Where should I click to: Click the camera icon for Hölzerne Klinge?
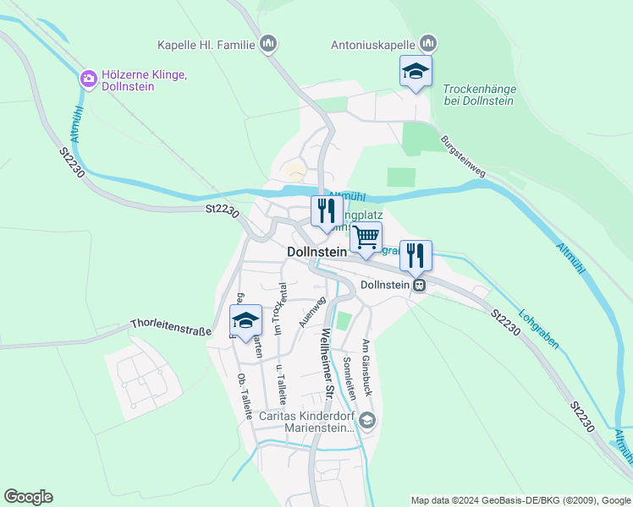tap(88, 79)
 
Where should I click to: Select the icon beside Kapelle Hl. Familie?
tap(269, 44)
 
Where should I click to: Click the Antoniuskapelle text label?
tap(372, 44)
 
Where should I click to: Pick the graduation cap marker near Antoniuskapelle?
tap(416, 71)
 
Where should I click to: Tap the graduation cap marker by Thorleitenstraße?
tap(245, 322)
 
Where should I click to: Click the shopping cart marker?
tap(366, 237)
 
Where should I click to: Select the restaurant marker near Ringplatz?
tap(327, 211)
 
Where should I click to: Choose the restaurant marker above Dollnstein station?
tap(416, 256)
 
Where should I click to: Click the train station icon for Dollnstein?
tap(418, 286)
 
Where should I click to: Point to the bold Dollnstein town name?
tap(317, 252)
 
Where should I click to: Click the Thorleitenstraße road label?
tap(171, 325)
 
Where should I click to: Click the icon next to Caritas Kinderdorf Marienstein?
tap(367, 420)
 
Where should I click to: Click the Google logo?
tap(28, 497)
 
